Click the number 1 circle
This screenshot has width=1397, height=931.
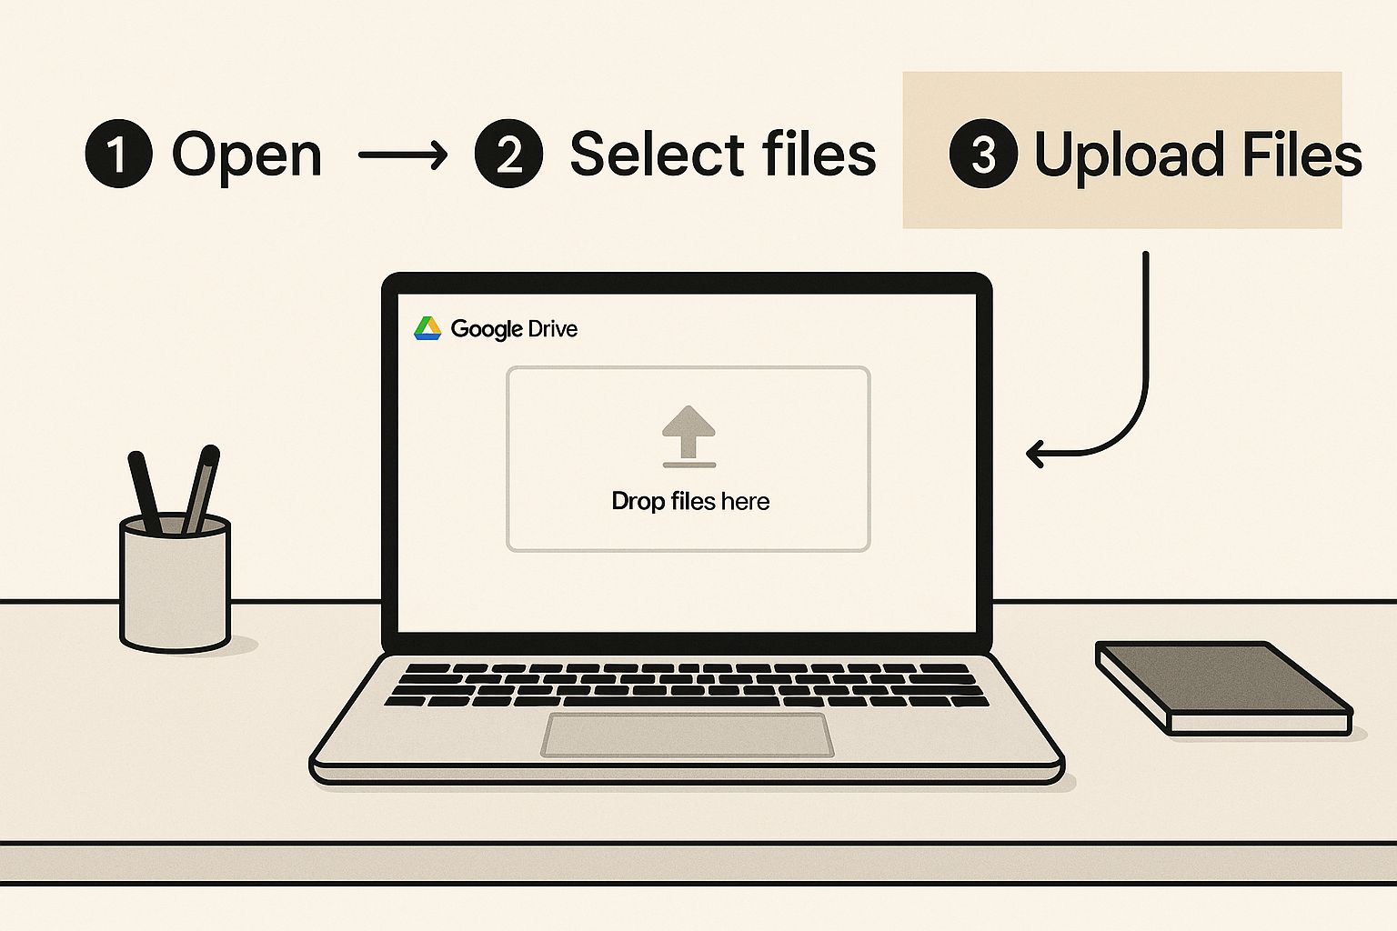click(118, 155)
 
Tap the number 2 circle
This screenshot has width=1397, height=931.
click(508, 155)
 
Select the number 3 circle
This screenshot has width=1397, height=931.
click(982, 155)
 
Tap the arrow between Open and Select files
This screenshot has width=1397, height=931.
click(403, 155)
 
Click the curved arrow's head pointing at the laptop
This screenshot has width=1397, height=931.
click(1035, 452)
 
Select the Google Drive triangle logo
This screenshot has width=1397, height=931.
click(427, 328)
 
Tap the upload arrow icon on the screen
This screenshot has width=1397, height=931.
click(688, 435)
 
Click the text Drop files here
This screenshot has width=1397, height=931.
click(690, 501)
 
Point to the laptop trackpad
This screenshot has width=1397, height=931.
click(688, 735)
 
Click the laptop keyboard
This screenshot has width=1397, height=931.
click(686, 684)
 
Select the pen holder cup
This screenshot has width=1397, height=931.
click(175, 586)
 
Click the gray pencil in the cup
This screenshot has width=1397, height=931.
click(201, 489)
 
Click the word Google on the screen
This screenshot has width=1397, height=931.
click(486, 329)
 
